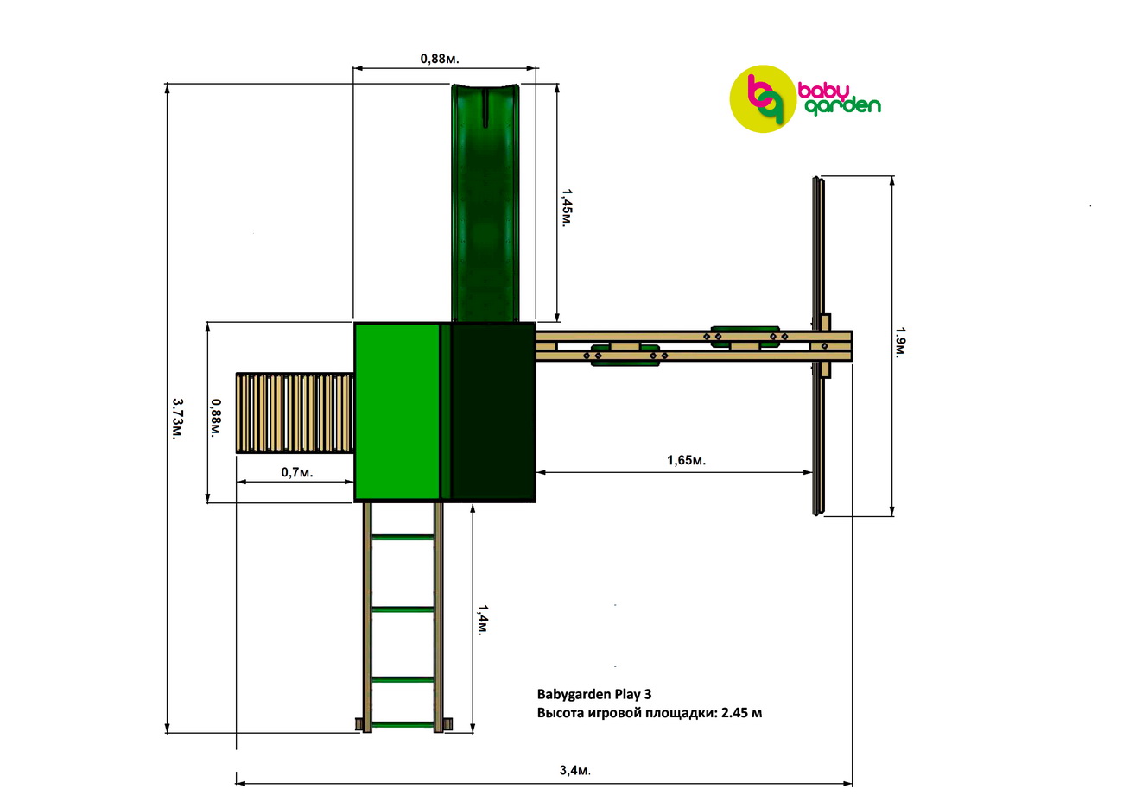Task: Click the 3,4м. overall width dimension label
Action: click(575, 770)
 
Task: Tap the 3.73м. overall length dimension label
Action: click(177, 419)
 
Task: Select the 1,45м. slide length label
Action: click(567, 208)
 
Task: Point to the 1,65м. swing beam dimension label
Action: click(686, 460)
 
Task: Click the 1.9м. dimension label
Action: click(900, 342)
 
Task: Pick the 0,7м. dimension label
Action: click(297, 472)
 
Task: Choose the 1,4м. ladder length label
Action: click(482, 620)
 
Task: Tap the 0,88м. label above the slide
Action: click(440, 59)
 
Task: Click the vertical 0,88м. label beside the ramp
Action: click(216, 418)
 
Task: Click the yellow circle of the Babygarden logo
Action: click(762, 98)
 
